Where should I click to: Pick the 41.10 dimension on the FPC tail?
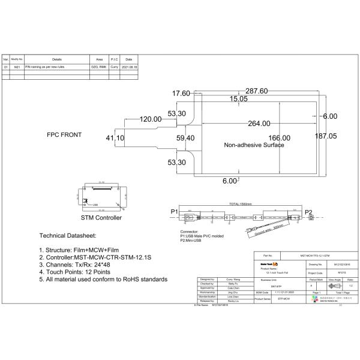click(115, 138)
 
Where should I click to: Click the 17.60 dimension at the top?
click(181, 94)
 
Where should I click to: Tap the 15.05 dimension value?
click(237, 98)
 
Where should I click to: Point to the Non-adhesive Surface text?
click(254, 146)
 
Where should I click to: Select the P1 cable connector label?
click(174, 212)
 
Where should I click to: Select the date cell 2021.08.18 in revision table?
click(129, 68)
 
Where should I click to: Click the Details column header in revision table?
click(57, 59)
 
